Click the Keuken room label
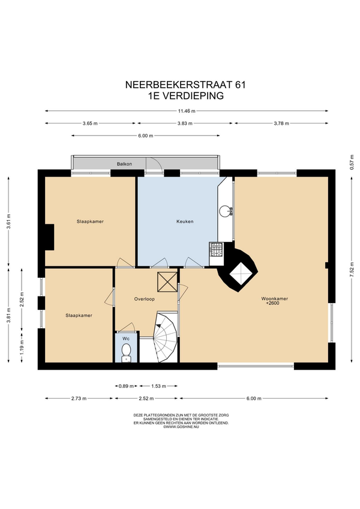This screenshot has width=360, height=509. point(185,221)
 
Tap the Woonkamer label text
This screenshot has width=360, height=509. point(275,299)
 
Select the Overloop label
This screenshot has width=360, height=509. point(145,299)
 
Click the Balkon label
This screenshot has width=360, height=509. point(124,164)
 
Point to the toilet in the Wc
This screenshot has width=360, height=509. point(125,353)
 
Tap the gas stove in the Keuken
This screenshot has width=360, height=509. point(216,249)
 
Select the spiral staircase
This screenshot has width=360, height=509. point(165,337)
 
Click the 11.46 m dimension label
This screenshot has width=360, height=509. point(187,111)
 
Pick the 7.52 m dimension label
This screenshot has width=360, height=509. point(351,270)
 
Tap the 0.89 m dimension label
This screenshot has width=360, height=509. point(126,386)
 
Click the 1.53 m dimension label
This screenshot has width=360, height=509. point(159,386)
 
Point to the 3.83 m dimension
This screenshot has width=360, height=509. point(185,124)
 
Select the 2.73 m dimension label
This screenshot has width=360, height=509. point(79,399)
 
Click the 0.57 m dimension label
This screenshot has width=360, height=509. point(351,162)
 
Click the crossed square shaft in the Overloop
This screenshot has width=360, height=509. point(167,283)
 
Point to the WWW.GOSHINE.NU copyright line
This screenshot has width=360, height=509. point(181,427)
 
